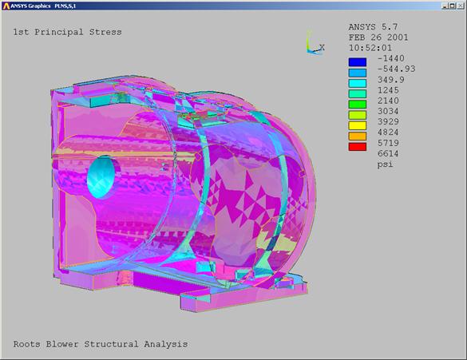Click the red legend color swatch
point(358,147)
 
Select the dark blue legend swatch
point(358,62)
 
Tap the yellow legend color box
point(358,125)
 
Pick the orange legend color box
point(358,136)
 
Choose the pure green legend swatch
point(358,105)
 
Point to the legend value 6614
point(388,153)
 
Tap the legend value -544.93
point(397,69)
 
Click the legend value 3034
point(388,112)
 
